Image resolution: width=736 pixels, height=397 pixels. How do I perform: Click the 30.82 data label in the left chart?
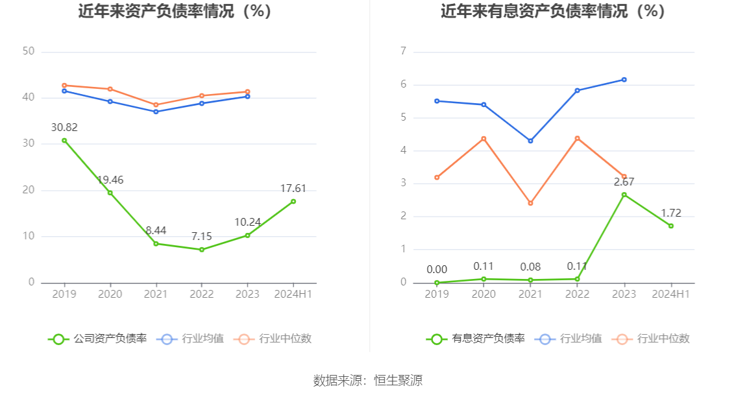point(64,127)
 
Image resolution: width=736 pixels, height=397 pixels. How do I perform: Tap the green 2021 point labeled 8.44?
point(156,244)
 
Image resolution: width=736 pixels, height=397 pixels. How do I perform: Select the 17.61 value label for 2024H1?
point(293,189)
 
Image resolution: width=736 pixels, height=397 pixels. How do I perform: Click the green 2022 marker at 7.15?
point(202,250)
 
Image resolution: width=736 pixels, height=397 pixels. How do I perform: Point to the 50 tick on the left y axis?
point(28,51)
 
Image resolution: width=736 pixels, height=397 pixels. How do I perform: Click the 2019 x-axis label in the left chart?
point(64,295)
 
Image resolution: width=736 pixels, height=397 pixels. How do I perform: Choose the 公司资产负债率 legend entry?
point(97,339)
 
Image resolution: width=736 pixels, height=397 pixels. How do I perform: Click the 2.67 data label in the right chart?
point(624,182)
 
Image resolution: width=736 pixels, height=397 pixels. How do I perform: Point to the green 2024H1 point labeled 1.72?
point(671,226)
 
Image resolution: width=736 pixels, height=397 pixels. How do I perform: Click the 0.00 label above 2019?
point(437,270)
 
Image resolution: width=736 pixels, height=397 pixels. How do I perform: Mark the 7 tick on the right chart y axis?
point(403,51)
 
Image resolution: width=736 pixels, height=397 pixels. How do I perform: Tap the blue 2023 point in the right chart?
point(624,80)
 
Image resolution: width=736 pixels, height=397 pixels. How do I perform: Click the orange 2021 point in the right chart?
point(530,203)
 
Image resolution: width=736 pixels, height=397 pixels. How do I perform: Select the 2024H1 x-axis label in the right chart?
point(671,295)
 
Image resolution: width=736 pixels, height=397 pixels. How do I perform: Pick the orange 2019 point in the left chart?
point(64,85)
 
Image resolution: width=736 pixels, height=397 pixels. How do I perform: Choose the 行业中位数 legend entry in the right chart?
point(652,339)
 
